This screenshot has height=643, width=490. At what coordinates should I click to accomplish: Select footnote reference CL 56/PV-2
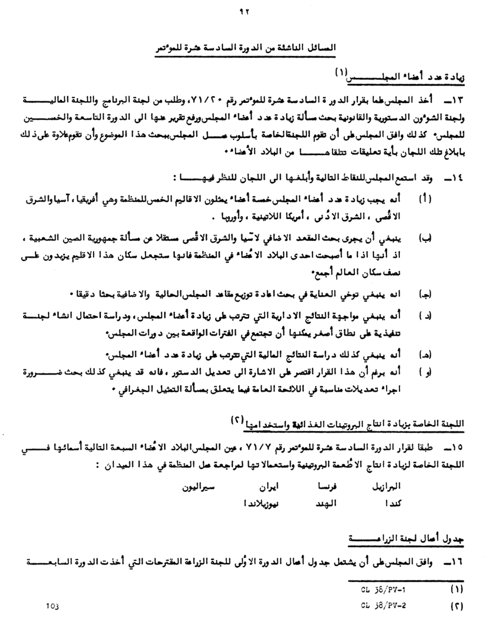click(x=383, y=605)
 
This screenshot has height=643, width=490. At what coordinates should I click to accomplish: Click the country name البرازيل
click(x=387, y=487)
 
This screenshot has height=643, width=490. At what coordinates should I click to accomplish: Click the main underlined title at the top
click(x=245, y=48)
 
